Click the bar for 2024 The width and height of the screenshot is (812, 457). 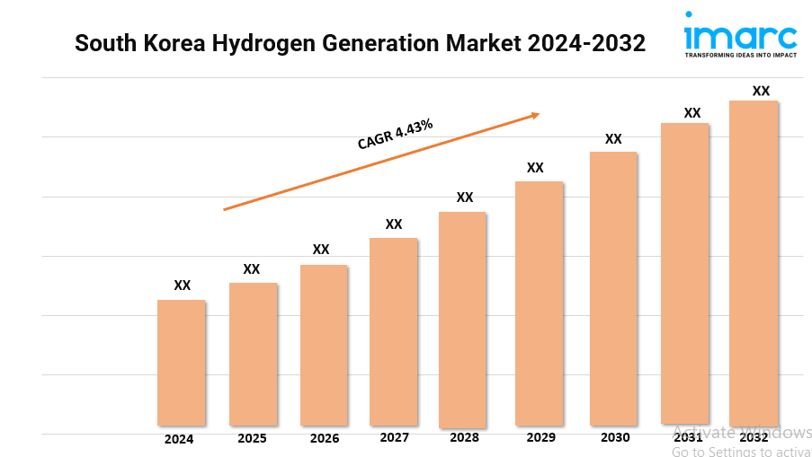tap(181, 362)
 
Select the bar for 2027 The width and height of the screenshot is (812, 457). tap(393, 331)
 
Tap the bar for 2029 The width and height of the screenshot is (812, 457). tap(539, 303)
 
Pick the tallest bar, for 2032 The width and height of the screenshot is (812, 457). tap(754, 262)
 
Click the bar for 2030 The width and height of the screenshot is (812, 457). tap(613, 288)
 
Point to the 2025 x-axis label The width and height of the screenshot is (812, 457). tap(252, 439)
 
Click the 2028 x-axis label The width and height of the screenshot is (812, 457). tap(464, 438)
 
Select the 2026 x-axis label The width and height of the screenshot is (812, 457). tap(324, 439)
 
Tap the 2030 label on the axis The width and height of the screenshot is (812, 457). tap(615, 437)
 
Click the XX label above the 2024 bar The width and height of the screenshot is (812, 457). tap(183, 286)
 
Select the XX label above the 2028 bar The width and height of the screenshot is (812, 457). tap(465, 198)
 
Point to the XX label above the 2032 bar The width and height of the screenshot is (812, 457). tap(761, 91)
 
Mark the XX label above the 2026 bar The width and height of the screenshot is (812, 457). tap(321, 250)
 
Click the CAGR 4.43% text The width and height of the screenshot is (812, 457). tap(395, 135)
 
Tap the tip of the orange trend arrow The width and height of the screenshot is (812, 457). tap(539, 113)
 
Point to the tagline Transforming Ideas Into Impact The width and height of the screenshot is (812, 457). tap(740, 55)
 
